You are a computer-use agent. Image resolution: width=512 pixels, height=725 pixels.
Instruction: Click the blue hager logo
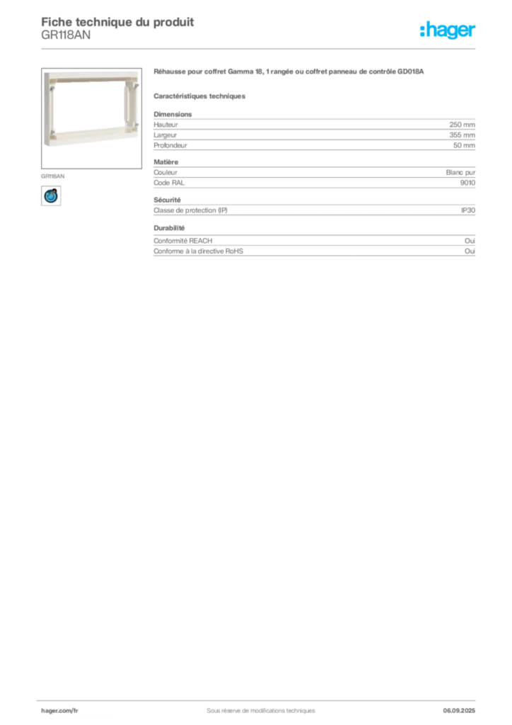[449, 31]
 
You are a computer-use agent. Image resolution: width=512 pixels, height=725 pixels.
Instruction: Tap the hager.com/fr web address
[60, 710]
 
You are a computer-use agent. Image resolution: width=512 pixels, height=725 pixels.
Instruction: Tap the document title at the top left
[117, 19]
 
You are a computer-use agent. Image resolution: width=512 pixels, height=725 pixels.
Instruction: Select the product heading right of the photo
[291, 73]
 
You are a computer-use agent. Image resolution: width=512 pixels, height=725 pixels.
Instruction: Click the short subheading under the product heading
[200, 95]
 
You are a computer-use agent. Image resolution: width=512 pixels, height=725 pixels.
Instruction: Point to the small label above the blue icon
[54, 173]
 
